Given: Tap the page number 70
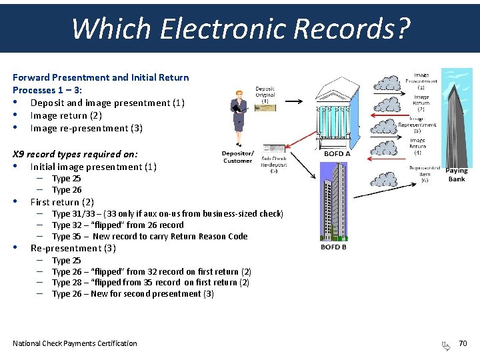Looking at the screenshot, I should coord(463,343).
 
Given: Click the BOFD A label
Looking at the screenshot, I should coord(337,153).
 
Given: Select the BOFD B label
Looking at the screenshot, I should coord(333,247).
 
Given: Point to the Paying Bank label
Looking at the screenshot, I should coord(457,175).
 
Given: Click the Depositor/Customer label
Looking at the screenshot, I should coord(237,157).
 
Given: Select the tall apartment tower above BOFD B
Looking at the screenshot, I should coord(333,200).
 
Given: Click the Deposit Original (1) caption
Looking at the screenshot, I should coord(265,95).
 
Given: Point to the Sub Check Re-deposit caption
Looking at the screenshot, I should coord(273,164).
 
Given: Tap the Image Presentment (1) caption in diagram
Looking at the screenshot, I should coord(421,81).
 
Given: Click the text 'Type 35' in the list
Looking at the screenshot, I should coord(66,236).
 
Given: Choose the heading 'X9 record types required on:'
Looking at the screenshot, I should coord(75,154).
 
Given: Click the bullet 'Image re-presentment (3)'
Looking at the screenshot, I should coord(87,128).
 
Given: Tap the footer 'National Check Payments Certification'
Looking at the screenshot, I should coord(75,343).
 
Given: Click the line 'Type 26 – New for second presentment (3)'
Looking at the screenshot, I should coord(133,293).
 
